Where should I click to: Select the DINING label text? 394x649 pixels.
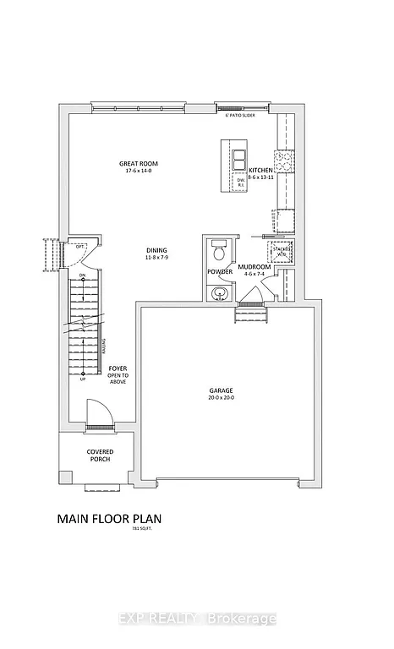pyautogui.click(x=156, y=250)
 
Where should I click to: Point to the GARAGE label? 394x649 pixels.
pyautogui.click(x=222, y=390)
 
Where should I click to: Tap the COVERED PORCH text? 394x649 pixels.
pyautogui.click(x=100, y=456)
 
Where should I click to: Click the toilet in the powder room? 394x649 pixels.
pyautogui.click(x=219, y=252)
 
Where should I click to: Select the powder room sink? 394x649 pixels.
pyautogui.click(x=219, y=293)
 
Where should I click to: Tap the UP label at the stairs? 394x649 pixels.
pyautogui.click(x=82, y=379)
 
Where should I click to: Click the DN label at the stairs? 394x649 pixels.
pyautogui.click(x=82, y=276)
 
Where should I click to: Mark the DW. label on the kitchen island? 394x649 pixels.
pyautogui.click(x=240, y=180)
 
